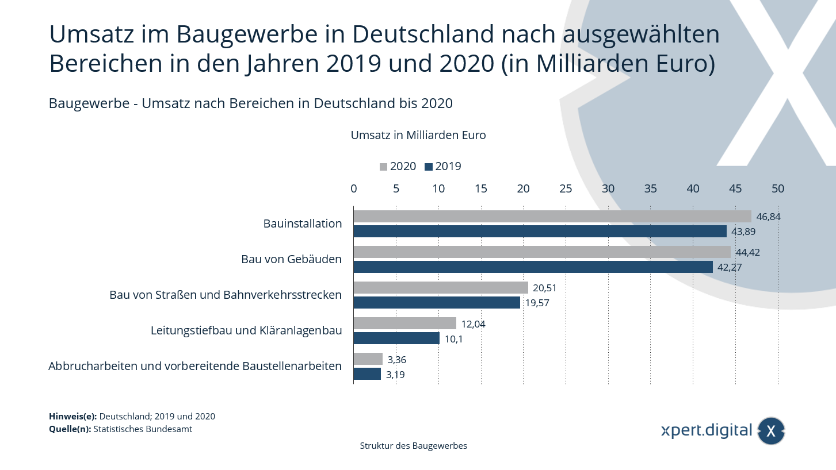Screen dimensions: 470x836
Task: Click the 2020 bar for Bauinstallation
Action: [552, 217]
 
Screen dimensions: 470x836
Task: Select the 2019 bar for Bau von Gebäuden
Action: [533, 267]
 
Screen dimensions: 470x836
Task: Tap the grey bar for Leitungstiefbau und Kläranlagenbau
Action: [404, 323]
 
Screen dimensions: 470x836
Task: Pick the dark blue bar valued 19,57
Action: [437, 303]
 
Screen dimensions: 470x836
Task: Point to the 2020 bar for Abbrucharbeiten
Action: [368, 359]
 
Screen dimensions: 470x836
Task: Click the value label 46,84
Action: [768, 217]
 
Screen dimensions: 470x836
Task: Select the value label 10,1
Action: [454, 339]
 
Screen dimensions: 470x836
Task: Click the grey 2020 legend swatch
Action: [383, 167]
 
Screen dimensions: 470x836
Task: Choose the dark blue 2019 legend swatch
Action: [428, 167]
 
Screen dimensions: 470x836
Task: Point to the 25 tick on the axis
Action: [566, 188]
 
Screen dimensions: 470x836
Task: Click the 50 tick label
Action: [778, 188]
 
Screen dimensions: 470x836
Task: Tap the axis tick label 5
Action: [396, 188]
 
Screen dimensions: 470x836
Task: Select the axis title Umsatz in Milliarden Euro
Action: [418, 136]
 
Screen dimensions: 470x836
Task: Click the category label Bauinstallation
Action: [303, 224]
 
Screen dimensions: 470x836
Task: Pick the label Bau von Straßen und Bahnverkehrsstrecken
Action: [226, 295]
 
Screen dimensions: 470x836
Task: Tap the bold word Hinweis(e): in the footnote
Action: [73, 417]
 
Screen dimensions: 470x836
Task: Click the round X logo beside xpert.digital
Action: [771, 431]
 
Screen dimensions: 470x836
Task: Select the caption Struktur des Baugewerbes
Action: [413, 446]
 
